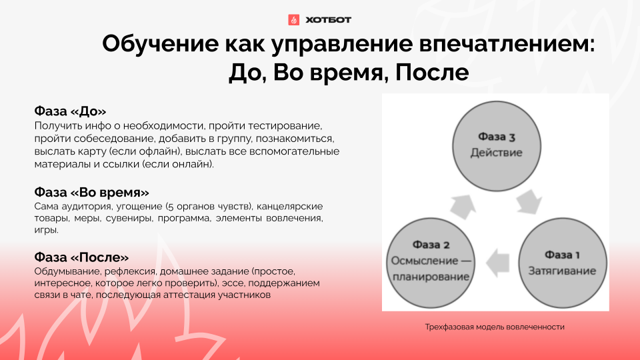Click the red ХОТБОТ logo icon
coord(293,19)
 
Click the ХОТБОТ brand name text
coord(328,19)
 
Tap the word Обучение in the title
coord(161,44)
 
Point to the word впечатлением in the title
coord(507,44)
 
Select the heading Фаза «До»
coord(70,111)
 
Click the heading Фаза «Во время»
coord(92,192)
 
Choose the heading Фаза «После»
coord(81,257)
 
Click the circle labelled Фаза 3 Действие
coord(496,146)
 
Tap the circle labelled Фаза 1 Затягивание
coord(562,263)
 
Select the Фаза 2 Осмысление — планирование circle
coord(431,263)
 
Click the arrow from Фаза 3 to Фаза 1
coord(529,202)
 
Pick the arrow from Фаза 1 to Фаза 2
coord(497,263)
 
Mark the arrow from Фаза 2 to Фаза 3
coord(463,207)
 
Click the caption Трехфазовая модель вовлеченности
coord(495,327)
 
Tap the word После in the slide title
coord(432,72)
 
